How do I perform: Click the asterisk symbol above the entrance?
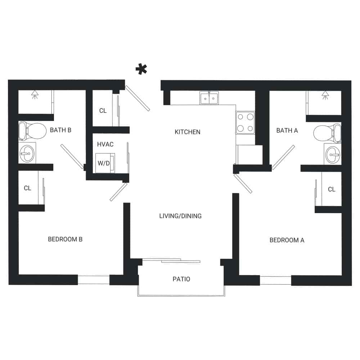(x=142, y=69)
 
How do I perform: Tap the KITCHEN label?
(x=187, y=132)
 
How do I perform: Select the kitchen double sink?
(x=209, y=98)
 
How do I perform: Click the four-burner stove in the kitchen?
(x=245, y=122)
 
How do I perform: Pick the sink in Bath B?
(x=27, y=153)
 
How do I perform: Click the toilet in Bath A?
(x=327, y=133)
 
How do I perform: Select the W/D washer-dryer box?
(x=105, y=163)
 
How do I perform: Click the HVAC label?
(x=105, y=144)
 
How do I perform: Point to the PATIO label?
(x=181, y=279)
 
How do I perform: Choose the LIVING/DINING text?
(x=180, y=216)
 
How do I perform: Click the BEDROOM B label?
(x=65, y=239)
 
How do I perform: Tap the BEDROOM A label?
(x=287, y=240)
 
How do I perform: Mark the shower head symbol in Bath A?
(x=325, y=95)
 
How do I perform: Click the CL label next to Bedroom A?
(x=332, y=189)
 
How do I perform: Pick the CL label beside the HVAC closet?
(x=103, y=111)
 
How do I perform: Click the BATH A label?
(x=287, y=130)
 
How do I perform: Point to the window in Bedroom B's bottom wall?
(x=94, y=280)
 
